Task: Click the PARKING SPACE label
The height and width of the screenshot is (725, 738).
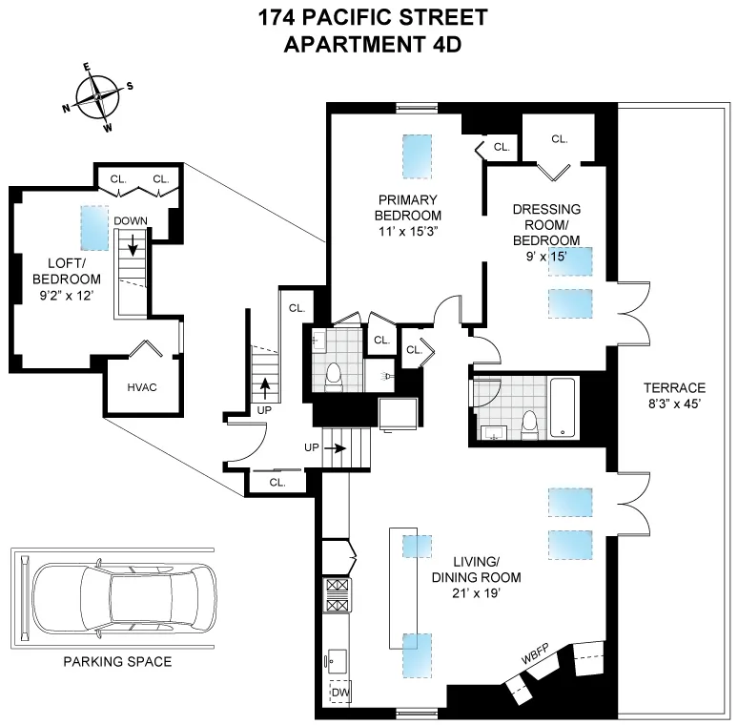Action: [x=111, y=660]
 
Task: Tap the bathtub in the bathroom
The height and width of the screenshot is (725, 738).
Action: [x=564, y=407]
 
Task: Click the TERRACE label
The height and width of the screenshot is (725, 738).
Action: [x=673, y=388]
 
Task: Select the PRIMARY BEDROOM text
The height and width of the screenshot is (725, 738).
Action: [x=407, y=207]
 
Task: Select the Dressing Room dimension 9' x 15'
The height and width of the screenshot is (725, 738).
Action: [x=546, y=255]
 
